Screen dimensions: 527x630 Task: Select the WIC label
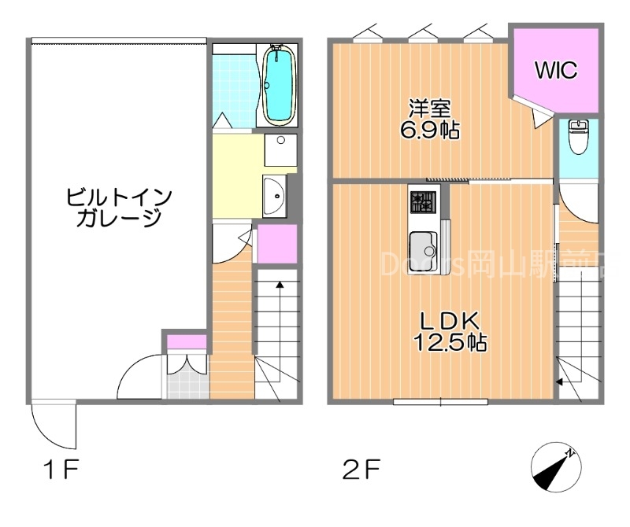pos(556,70)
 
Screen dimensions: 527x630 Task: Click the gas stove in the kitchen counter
pos(422,203)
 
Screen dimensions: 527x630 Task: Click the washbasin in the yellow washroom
pos(275,194)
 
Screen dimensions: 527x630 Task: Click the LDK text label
pos(449,321)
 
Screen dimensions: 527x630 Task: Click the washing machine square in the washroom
pos(280,149)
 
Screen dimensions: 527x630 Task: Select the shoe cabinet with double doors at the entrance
pos(187,365)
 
